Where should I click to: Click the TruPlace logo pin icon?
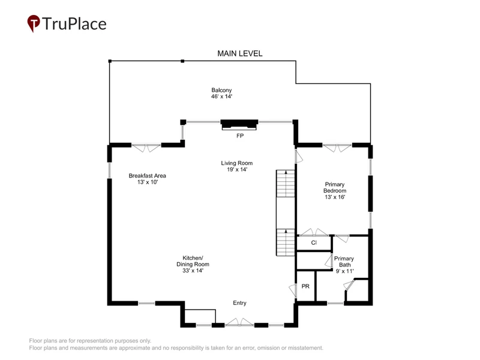coord(34,23)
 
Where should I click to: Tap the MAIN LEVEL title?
coord(239,53)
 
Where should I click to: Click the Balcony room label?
coord(221,90)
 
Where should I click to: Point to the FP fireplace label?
coord(239,136)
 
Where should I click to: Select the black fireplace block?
coord(239,124)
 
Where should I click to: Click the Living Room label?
coord(236,163)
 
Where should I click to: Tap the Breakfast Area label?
coord(147,176)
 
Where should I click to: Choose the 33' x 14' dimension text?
coord(193,271)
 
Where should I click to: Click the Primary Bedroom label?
coord(335,187)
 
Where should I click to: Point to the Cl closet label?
coord(314,243)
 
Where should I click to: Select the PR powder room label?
coord(305,286)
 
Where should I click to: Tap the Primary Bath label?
coord(344,262)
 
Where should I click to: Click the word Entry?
coord(239,303)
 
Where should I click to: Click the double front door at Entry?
coord(239,322)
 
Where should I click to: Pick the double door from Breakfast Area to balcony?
coord(146,148)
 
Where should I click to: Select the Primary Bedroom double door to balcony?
coord(337,148)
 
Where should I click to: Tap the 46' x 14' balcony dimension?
coord(221,97)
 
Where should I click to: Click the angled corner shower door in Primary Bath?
coord(349,284)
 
